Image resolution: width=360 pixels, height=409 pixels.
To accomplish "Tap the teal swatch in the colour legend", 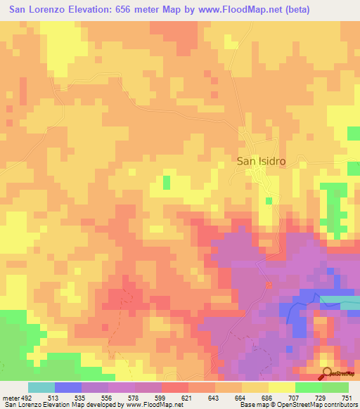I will tap(41, 387).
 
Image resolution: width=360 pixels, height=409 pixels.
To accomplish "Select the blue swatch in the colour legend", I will tap(67, 387).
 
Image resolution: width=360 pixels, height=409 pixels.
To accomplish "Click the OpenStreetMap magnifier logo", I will tap(327, 373).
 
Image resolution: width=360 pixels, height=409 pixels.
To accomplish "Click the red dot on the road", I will tap(269, 285).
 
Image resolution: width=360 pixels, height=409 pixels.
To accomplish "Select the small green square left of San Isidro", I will tap(167, 183).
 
